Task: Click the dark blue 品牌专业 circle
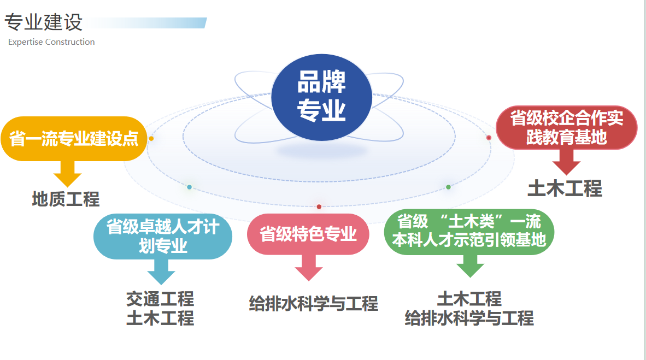pyautogui.click(x=321, y=97)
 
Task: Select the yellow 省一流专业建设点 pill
pyautogui.click(x=74, y=138)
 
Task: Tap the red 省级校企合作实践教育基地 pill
pyautogui.click(x=567, y=128)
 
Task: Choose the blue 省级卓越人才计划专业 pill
pyautogui.click(x=163, y=237)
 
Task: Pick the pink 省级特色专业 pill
pyautogui.click(x=308, y=234)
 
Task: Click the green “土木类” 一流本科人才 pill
pyautogui.click(x=469, y=232)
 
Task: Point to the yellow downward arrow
pyautogui.click(x=68, y=174)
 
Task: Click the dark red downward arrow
pyautogui.click(x=567, y=162)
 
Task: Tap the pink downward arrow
pyautogui.click(x=309, y=268)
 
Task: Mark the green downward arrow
pyautogui.click(x=470, y=265)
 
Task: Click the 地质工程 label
pyautogui.click(x=66, y=199)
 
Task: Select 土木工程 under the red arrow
pyautogui.click(x=565, y=188)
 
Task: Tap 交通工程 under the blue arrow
pyautogui.click(x=160, y=299)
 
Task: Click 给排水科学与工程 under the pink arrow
pyautogui.click(x=314, y=304)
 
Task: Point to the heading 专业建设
pyautogui.click(x=44, y=22)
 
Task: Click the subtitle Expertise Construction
pyautogui.click(x=51, y=42)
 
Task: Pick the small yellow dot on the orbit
pyautogui.click(x=151, y=138)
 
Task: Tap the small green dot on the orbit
pyautogui.click(x=448, y=187)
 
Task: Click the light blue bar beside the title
pyautogui.click(x=146, y=22)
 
